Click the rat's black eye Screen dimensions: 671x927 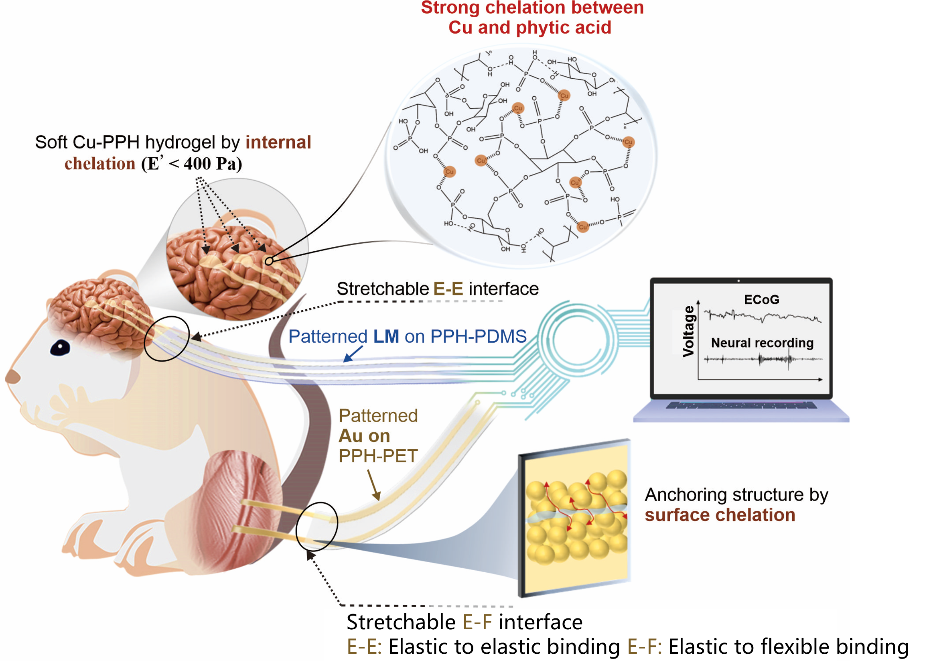click(x=60, y=348)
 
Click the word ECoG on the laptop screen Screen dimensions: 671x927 click(x=761, y=300)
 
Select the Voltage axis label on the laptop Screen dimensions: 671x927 click(x=688, y=331)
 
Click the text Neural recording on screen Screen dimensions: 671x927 click(x=762, y=343)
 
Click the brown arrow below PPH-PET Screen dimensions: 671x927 click(x=373, y=485)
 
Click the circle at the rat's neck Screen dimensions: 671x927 click(x=167, y=339)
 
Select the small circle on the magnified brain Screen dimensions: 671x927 click(x=268, y=261)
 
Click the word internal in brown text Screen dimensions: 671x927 click(x=278, y=142)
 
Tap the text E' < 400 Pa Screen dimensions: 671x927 click(x=192, y=164)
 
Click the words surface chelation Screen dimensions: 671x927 click(x=720, y=515)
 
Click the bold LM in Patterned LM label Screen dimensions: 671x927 click(x=386, y=337)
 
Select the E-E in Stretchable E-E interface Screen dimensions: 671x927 click(x=448, y=289)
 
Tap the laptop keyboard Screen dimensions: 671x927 click(x=740, y=406)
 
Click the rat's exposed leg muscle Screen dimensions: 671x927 click(x=241, y=511)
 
